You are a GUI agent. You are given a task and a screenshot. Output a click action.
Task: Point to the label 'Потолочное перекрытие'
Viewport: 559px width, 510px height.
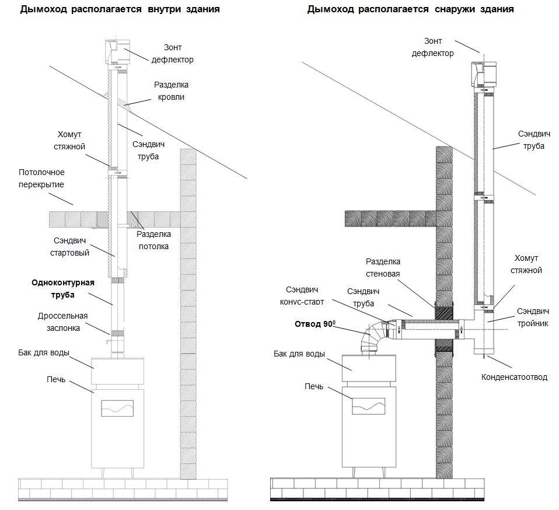click(41, 178)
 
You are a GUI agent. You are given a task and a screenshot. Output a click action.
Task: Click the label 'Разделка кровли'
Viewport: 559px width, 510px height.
click(171, 90)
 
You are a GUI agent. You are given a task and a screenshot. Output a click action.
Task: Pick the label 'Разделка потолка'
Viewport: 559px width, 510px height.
click(153, 240)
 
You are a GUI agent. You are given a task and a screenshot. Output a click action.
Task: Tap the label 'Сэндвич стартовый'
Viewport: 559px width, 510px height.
click(68, 246)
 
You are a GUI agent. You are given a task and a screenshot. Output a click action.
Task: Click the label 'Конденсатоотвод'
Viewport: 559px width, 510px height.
click(514, 377)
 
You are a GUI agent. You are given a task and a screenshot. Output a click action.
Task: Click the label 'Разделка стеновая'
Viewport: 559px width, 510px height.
click(383, 267)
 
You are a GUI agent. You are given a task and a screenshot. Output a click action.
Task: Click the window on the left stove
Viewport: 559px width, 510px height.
click(118, 408)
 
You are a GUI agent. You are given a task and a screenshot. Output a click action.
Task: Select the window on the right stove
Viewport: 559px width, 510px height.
click(368, 406)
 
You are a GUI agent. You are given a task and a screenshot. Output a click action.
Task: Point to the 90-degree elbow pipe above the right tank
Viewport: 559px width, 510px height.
click(373, 336)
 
